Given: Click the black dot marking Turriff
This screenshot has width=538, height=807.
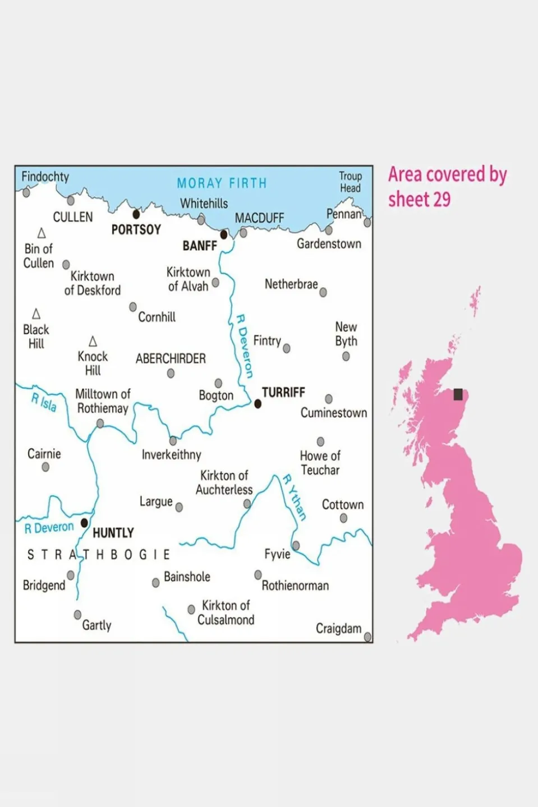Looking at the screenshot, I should click(258, 404).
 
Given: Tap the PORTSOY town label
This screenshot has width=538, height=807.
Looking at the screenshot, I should click(136, 229).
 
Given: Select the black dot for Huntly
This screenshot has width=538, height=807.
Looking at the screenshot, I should click(85, 523).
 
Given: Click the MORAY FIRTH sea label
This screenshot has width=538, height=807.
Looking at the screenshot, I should click(222, 183).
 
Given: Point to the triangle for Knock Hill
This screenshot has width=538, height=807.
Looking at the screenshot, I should click(93, 342).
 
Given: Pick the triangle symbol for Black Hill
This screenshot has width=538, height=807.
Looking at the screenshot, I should click(36, 314).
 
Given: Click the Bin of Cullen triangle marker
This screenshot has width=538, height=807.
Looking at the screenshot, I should click(42, 233).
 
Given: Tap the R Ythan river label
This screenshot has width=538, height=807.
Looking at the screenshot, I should click(295, 497).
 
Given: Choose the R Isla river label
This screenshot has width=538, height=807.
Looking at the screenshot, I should click(44, 402).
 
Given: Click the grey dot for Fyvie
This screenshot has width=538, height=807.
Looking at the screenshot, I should click(296, 546).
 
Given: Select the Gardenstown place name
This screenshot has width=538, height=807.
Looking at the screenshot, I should click(329, 244).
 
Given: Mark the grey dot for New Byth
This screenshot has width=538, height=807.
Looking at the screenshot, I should click(346, 356).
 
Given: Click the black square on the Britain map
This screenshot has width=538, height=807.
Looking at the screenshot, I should click(458, 394).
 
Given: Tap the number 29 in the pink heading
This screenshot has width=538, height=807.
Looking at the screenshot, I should click(442, 200).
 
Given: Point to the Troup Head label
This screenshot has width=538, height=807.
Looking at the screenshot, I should click(350, 182).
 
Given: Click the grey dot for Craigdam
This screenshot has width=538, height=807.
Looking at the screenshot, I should click(367, 637).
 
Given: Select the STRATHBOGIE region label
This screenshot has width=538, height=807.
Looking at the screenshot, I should click(99, 555).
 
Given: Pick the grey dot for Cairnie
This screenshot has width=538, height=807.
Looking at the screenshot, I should click(45, 467).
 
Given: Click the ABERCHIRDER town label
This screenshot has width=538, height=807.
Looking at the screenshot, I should click(171, 359).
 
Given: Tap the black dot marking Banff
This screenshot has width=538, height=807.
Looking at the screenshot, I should click(224, 234).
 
